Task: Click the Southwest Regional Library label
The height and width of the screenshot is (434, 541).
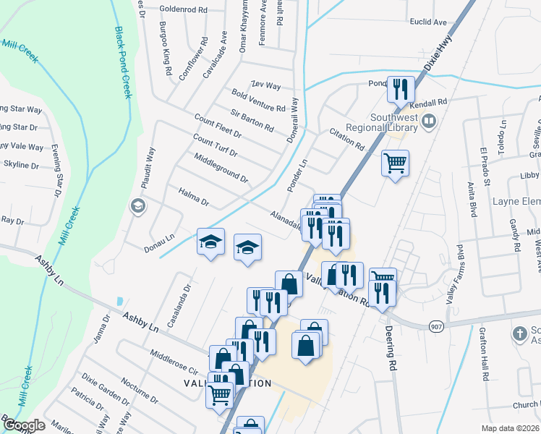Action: (x=394, y=123)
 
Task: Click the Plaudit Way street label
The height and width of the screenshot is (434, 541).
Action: (x=149, y=169)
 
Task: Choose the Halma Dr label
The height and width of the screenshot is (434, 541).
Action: (x=193, y=195)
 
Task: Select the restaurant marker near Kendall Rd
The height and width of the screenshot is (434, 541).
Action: (x=401, y=90)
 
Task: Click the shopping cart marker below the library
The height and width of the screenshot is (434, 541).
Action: (x=396, y=163)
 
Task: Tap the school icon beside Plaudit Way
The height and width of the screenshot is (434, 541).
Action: (x=137, y=207)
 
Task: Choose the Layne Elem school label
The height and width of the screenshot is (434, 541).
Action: (x=516, y=200)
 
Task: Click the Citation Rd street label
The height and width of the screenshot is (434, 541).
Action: (x=346, y=140)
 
